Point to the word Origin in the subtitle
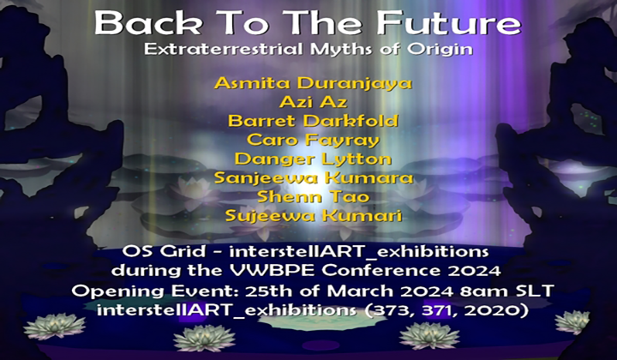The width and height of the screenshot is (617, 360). [445, 50]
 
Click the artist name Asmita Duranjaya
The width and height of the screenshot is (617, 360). [313, 84]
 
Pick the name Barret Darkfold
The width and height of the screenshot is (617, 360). [313, 121]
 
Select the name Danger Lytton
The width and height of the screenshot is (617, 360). [313, 159]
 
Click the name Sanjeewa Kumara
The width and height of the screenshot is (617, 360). [313, 177]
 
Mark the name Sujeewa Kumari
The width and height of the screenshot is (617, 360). [313, 215]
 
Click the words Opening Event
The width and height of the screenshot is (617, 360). [162, 291]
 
